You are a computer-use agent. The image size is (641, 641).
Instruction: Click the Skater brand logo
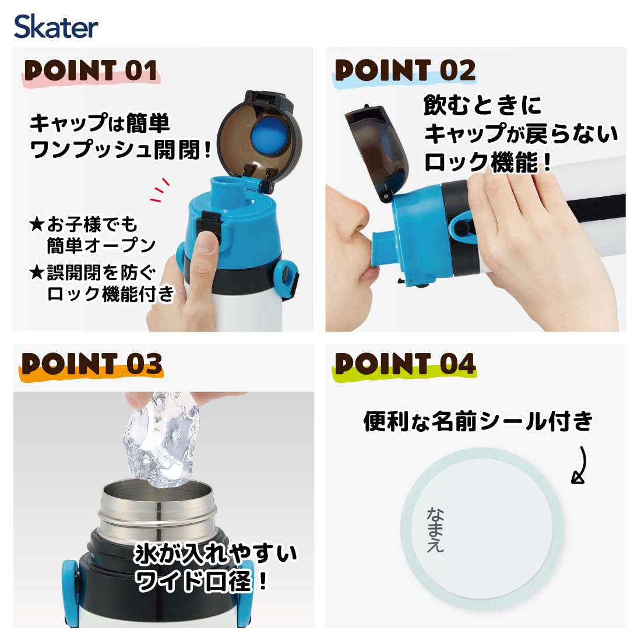click(x=56, y=27)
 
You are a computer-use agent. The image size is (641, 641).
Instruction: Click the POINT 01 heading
click(x=91, y=71)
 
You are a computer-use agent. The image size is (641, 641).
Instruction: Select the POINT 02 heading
click(x=405, y=71)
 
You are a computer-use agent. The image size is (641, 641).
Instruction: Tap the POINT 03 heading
click(x=91, y=364)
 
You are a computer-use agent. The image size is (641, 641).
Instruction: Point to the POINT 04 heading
click(x=405, y=364)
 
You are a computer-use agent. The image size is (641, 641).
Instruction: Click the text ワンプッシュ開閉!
click(x=120, y=150)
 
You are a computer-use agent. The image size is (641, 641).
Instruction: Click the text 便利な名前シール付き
click(x=478, y=421)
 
